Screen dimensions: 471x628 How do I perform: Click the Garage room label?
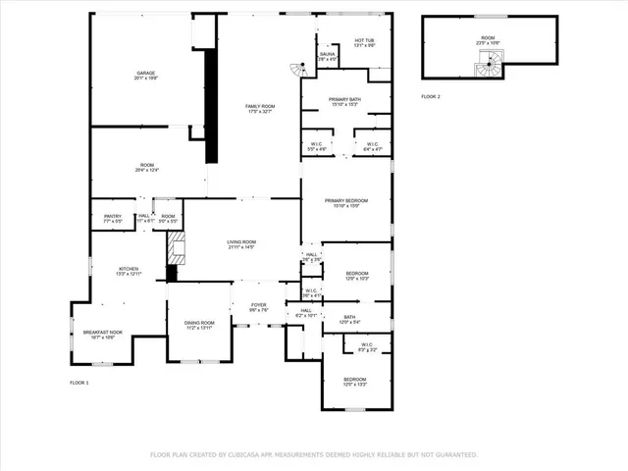coord(146,76)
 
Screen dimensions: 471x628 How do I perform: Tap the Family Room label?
coord(260,108)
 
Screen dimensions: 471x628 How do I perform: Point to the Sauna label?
coord(328,57)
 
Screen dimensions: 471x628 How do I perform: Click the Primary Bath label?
coord(345,101)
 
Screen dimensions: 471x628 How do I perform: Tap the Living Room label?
coord(241,244)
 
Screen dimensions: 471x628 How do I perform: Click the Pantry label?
coord(113,219)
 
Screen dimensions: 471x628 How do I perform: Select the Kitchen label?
coord(130,272)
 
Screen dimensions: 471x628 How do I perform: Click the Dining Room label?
coord(198,325)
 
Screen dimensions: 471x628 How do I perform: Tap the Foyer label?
coord(258,308)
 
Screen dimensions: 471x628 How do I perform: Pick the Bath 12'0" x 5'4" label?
coord(348,319)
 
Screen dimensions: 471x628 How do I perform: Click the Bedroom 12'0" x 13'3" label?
coord(354,382)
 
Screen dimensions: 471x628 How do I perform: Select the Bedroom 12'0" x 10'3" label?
coord(357,276)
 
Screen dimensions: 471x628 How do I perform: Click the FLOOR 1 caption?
coord(79,382)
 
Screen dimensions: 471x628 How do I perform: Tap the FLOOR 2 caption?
coord(431,97)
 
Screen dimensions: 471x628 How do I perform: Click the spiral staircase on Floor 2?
coord(488,65)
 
